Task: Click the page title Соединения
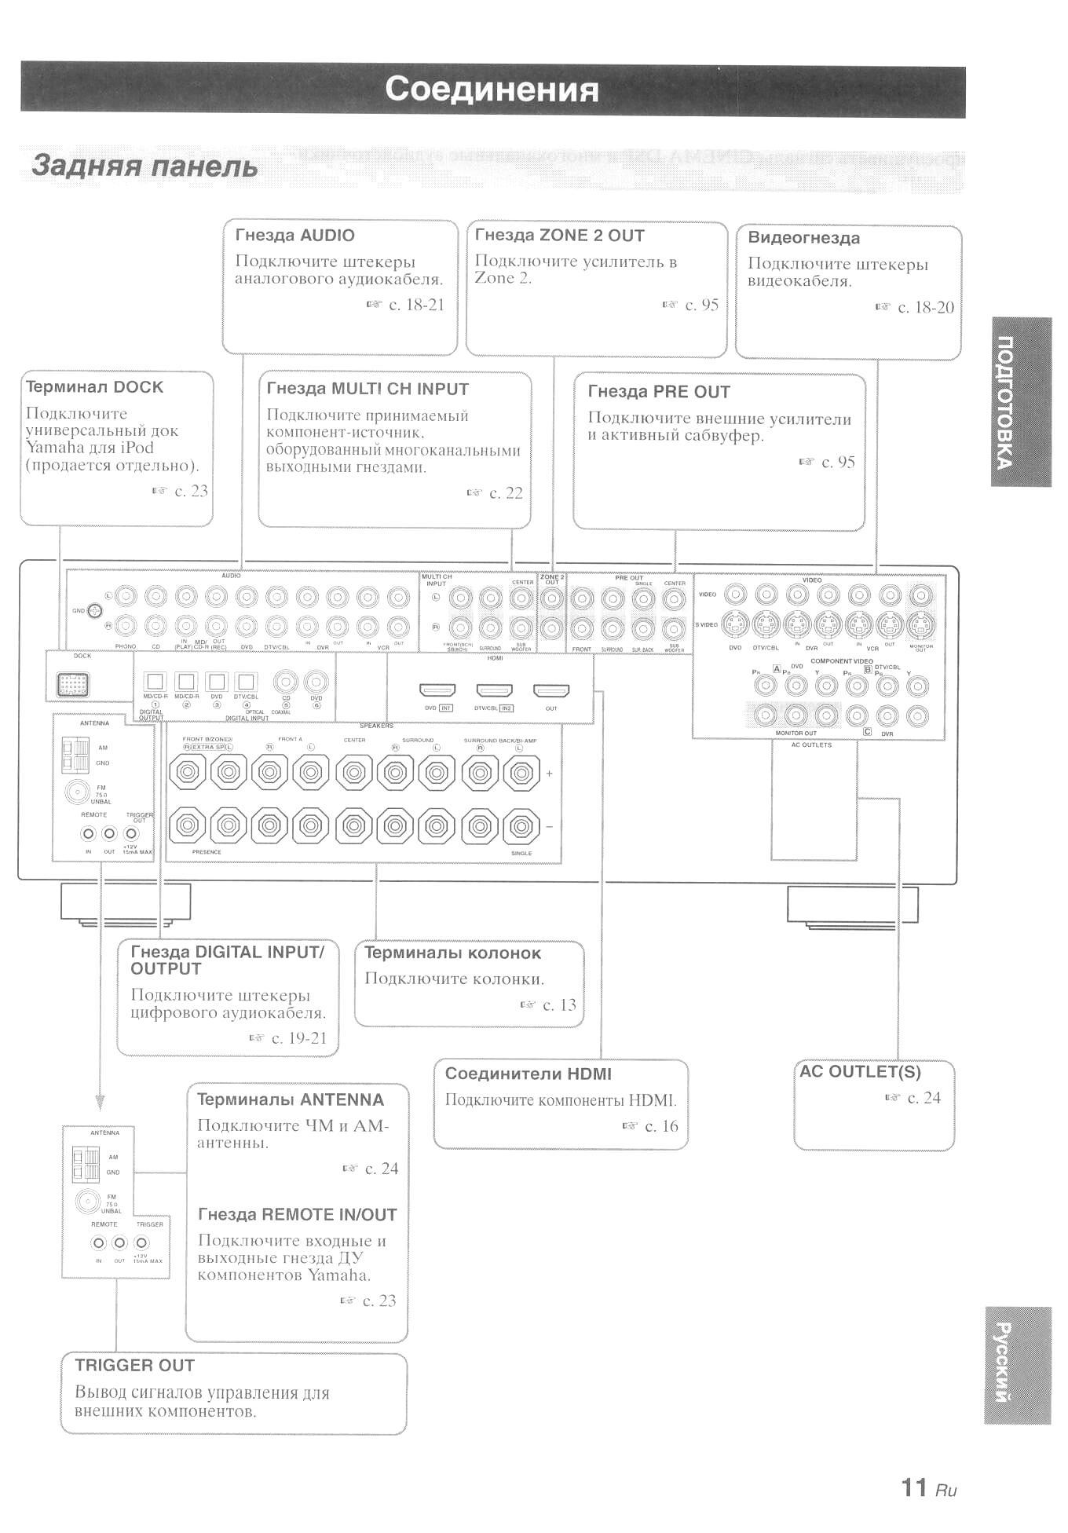(492, 90)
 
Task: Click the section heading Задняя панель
(144, 166)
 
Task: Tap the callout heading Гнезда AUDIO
(294, 236)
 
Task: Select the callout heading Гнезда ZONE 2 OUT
(559, 236)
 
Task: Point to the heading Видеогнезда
(803, 238)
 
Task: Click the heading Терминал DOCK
(94, 387)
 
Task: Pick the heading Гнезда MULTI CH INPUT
(368, 390)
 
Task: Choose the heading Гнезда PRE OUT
(659, 392)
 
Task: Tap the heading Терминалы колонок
(452, 953)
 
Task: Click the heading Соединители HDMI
(528, 1074)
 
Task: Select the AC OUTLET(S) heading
(860, 1072)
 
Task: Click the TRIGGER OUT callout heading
(134, 1366)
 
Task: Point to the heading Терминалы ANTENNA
(291, 1100)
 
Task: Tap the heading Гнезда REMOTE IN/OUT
(297, 1215)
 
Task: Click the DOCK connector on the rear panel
(72, 685)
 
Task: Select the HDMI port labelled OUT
(551, 691)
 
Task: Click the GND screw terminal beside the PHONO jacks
(95, 610)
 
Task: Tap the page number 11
(914, 1487)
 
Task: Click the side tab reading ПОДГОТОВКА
(1020, 401)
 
